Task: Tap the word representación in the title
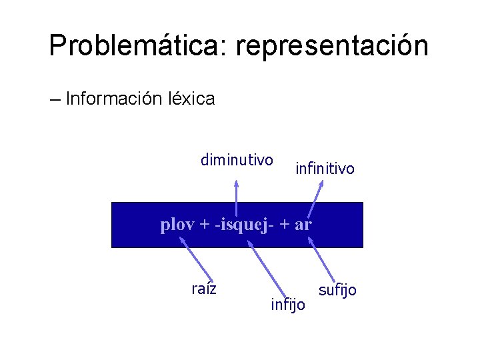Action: [332, 47]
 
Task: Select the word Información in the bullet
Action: [112, 99]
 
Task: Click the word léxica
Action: [189, 99]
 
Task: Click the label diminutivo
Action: [237, 160]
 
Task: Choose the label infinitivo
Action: [325, 169]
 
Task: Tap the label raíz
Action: [204, 289]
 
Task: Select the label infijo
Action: [288, 305]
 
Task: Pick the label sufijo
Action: [337, 290]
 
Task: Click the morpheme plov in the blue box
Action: [176, 225]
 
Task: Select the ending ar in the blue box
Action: [303, 225]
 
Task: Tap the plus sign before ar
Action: [283, 225]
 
